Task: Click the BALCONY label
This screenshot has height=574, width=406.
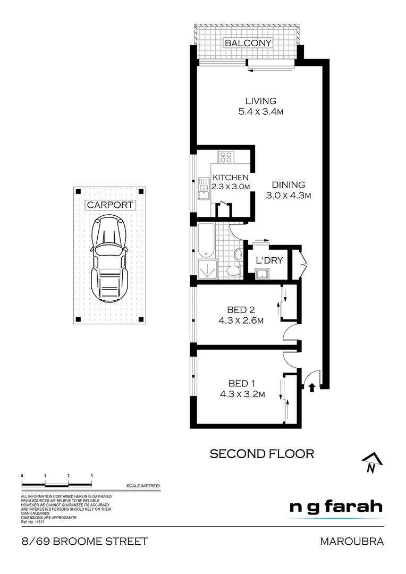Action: (x=248, y=43)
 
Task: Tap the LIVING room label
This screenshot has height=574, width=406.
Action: (x=260, y=101)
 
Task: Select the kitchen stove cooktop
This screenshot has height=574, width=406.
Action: (x=226, y=157)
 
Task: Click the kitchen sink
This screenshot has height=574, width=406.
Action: (x=204, y=189)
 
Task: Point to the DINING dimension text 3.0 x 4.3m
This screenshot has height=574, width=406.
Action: (x=289, y=196)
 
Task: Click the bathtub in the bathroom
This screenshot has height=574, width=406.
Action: (x=206, y=239)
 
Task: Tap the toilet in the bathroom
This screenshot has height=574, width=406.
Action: (x=232, y=271)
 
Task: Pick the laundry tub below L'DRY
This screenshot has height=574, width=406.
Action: (x=262, y=274)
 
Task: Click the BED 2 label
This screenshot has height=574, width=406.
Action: (x=237, y=310)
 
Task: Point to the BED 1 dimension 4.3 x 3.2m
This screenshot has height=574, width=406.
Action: (x=242, y=394)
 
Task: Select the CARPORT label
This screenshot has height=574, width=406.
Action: (x=110, y=205)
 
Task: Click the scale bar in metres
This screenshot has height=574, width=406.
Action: (x=57, y=484)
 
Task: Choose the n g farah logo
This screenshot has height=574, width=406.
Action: (x=335, y=507)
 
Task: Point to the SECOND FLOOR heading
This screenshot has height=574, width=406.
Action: (x=262, y=453)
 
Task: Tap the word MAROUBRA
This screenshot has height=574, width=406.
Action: (x=351, y=542)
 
